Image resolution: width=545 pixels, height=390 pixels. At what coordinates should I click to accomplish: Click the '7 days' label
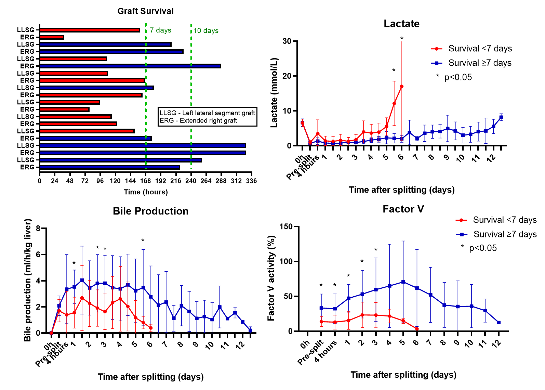(160, 30)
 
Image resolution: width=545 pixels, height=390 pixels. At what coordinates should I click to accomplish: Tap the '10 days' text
(206, 31)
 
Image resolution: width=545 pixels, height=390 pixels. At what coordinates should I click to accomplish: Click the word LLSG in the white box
(168, 113)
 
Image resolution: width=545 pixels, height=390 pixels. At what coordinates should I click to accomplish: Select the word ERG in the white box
(167, 121)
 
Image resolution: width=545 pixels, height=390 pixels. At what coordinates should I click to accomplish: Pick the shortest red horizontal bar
(52, 37)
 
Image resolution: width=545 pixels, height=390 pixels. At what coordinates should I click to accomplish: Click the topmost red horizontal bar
(89, 30)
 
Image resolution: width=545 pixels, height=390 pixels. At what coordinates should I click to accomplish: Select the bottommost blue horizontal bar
(109, 167)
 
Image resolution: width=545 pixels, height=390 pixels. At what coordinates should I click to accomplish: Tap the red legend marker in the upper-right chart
(437, 49)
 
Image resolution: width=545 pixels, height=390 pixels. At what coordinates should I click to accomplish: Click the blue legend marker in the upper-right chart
(437, 63)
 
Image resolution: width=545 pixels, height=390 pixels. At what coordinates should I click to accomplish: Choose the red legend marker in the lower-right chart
(461, 220)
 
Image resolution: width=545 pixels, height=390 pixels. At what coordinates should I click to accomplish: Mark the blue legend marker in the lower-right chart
(462, 235)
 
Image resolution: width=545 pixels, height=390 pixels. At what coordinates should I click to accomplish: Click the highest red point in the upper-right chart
(402, 87)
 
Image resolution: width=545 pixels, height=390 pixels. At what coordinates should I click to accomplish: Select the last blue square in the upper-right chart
(501, 117)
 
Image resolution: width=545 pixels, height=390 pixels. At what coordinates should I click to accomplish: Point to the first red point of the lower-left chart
(51, 333)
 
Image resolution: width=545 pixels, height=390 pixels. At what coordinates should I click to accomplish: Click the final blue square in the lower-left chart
(251, 330)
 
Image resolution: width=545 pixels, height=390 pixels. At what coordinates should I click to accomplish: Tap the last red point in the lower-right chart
(417, 329)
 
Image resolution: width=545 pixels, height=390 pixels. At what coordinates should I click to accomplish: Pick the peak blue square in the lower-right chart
(403, 282)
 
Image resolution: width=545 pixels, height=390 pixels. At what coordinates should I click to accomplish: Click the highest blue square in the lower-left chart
(82, 280)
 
